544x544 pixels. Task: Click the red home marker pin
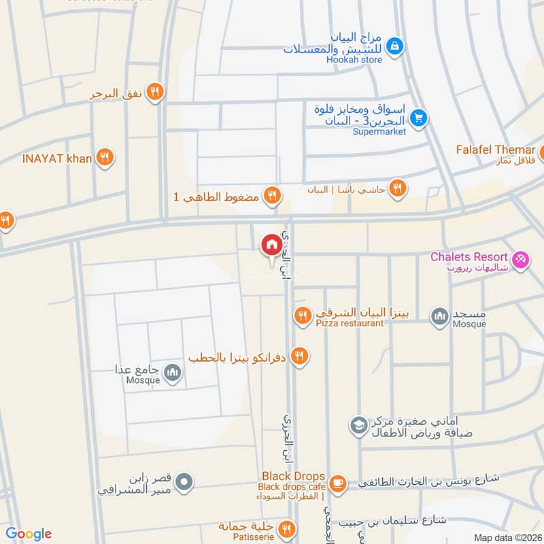(x=271, y=245)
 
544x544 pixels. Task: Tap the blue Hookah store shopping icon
(x=393, y=46)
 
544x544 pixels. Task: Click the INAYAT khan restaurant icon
(x=104, y=158)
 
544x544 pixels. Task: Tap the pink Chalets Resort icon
(x=520, y=260)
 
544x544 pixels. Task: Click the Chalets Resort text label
(x=469, y=257)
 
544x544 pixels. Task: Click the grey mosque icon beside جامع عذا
(x=173, y=372)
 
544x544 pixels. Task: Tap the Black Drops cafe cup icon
(x=337, y=483)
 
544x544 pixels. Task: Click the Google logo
(x=29, y=534)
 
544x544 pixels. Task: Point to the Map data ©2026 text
(x=507, y=538)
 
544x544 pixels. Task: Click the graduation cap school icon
(x=357, y=426)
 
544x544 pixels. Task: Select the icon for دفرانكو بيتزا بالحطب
(x=299, y=356)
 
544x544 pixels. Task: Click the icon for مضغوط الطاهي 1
(x=271, y=197)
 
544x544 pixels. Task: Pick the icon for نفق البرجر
(x=156, y=92)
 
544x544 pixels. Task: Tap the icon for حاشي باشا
(x=398, y=189)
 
